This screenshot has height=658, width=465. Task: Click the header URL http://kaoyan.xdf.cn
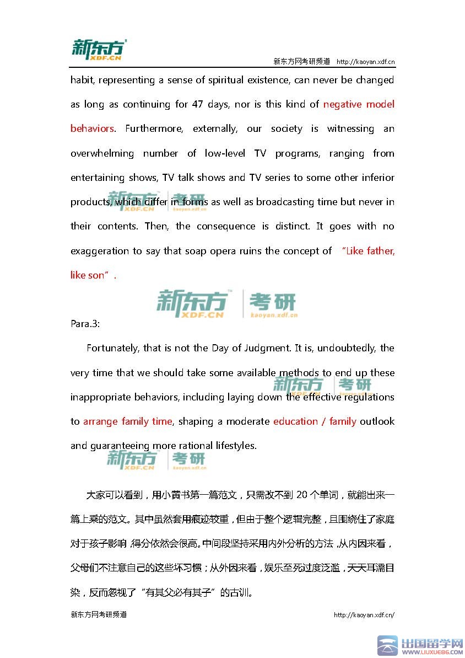(365, 62)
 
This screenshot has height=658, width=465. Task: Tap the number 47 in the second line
(198, 104)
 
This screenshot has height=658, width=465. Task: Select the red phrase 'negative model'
(359, 104)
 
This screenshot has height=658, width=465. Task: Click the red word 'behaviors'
(92, 129)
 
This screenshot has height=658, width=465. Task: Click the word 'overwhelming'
(102, 153)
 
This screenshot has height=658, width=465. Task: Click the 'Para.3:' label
(85, 324)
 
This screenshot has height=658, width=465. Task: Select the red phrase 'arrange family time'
(128, 421)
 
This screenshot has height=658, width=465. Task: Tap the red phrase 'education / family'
(315, 421)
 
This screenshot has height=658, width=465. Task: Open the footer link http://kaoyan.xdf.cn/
(364, 615)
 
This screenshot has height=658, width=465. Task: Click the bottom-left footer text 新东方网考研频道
(99, 614)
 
